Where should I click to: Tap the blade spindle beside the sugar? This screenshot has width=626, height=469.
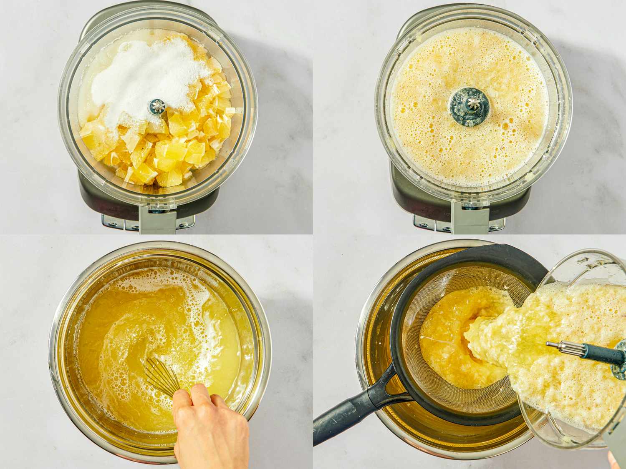(157, 106)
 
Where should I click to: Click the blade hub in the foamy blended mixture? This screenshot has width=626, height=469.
(469, 106)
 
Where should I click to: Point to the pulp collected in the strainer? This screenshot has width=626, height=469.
(442, 342)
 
